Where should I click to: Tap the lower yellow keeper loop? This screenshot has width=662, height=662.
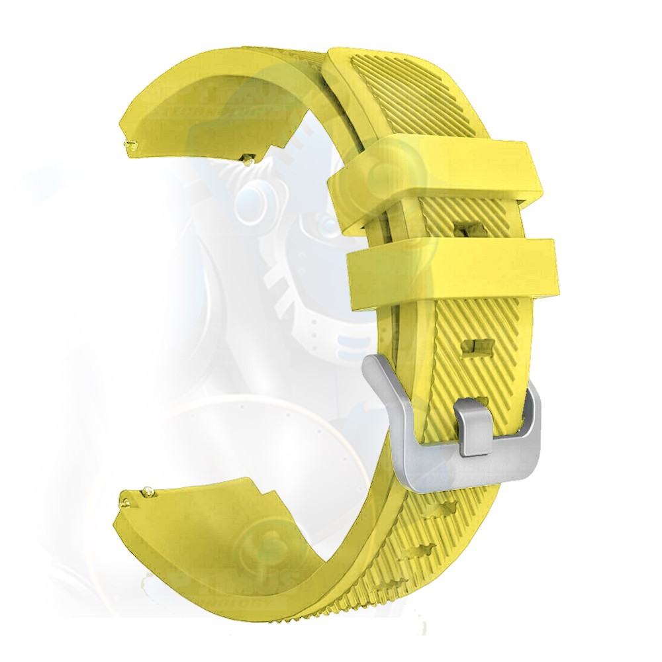pos(457,271)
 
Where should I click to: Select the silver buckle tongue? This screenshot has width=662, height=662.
pos(475,427)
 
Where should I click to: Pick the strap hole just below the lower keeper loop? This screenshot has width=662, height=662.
pos(479,346)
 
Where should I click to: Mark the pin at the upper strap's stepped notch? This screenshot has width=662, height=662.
pos(250,158)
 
